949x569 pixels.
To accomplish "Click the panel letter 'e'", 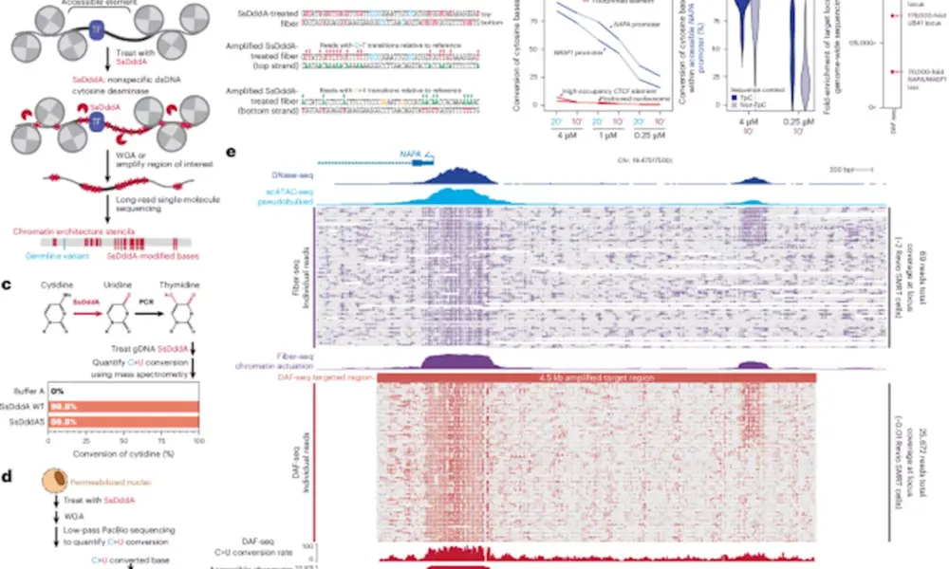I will [x=233, y=152].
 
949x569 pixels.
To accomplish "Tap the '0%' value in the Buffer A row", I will [x=57, y=391].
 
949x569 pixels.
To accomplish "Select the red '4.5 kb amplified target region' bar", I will [x=597, y=378].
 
